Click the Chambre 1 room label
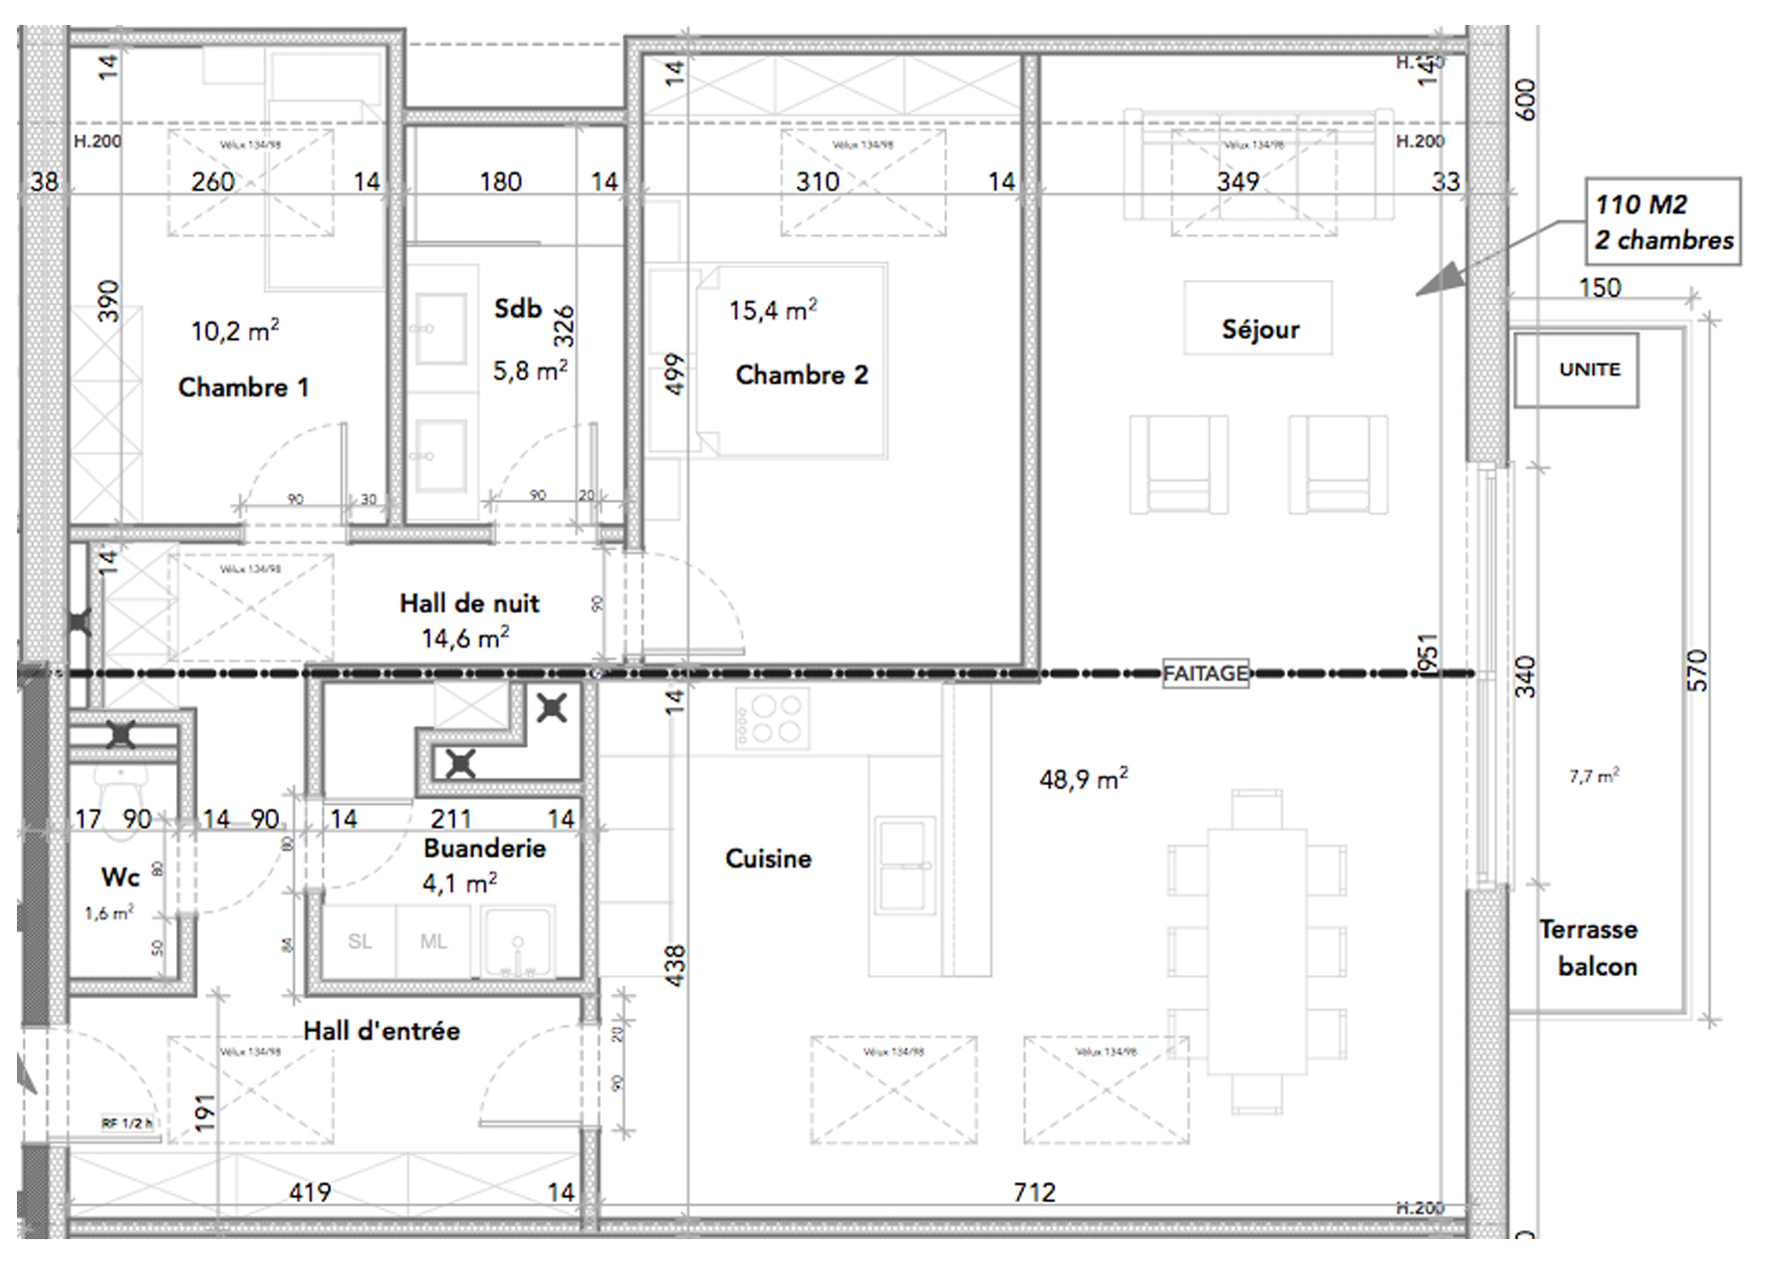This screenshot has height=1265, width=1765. pyautogui.click(x=243, y=386)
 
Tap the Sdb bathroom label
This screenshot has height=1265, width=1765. pyautogui.click(x=518, y=309)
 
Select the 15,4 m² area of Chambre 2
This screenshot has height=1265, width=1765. pyautogui.click(x=772, y=310)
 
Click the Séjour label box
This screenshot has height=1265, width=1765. pyautogui.click(x=1259, y=330)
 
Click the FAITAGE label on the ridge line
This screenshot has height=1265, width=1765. pyautogui.click(x=1205, y=674)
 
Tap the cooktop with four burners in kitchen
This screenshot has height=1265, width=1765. pyautogui.click(x=772, y=720)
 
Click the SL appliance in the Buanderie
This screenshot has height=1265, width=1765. pyautogui.click(x=360, y=941)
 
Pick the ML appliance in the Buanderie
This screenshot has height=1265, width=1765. pyautogui.click(x=433, y=941)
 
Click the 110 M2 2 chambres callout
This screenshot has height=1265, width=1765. pyautogui.click(x=1662, y=222)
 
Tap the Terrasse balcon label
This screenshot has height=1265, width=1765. pyautogui.click(x=1590, y=947)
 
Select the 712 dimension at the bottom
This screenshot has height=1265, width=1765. pyautogui.click(x=1034, y=1191)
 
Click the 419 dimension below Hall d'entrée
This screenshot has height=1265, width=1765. pyautogui.click(x=310, y=1191)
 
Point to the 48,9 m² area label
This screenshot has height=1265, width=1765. pyautogui.click(x=1083, y=779)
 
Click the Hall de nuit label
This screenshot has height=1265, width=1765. pyautogui.click(x=469, y=604)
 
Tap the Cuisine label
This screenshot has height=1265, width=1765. pyautogui.click(x=768, y=859)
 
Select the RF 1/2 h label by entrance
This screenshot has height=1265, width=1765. pyautogui.click(x=126, y=1124)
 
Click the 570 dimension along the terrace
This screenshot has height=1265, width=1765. pyautogui.click(x=1697, y=670)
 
